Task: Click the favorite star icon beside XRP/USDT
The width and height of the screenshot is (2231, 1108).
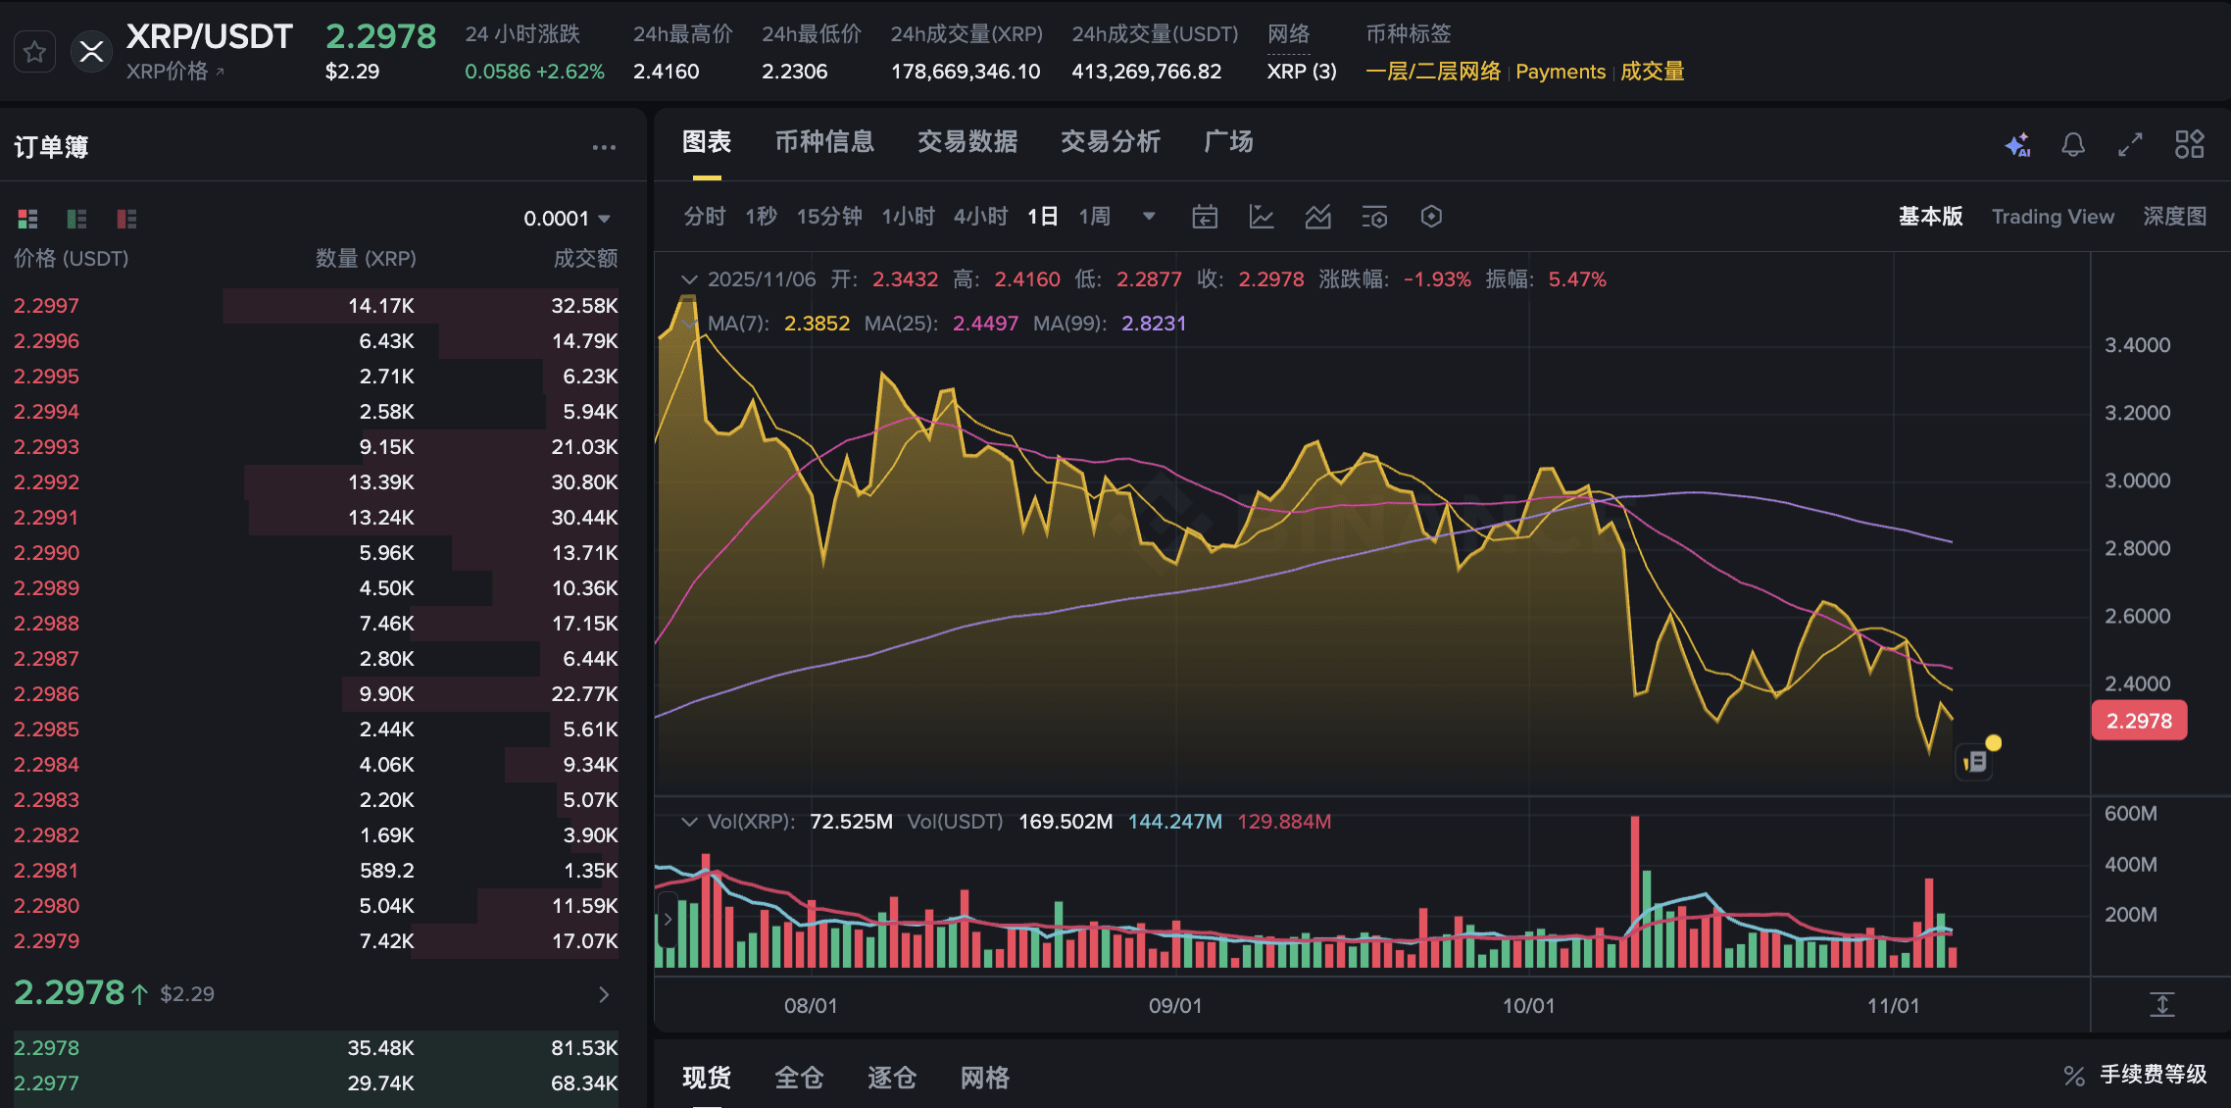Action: [x=34, y=52]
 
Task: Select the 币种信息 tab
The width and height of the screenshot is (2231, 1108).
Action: [x=823, y=142]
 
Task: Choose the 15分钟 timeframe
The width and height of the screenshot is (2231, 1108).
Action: [x=828, y=217]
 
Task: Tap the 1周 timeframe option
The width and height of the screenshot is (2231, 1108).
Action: [x=1094, y=217]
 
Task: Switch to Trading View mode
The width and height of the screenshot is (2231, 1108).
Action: [x=2052, y=217]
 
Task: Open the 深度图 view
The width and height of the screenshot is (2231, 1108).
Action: [x=2174, y=217]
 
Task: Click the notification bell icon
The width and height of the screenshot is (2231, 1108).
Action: [x=2072, y=145]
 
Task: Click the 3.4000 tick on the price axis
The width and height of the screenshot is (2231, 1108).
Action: [x=2137, y=345]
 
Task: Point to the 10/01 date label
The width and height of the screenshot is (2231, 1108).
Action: [x=1528, y=1005]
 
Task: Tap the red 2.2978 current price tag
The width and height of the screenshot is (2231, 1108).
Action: [x=2139, y=721]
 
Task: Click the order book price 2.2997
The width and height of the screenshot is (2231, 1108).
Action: [x=46, y=306]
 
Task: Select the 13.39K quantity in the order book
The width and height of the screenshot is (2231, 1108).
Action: [x=380, y=482]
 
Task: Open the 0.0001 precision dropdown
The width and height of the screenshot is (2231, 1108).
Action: [x=567, y=219]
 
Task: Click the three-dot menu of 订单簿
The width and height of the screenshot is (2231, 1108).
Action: [x=604, y=147]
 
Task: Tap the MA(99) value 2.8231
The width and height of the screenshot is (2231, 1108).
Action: [x=1153, y=324]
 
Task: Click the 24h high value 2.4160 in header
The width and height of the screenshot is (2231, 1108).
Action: [x=666, y=72]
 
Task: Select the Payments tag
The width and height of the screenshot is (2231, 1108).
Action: [x=1560, y=72]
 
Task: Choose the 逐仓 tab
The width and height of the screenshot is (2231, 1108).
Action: [x=891, y=1078]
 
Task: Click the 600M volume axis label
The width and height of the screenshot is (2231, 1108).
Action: [x=2130, y=814]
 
